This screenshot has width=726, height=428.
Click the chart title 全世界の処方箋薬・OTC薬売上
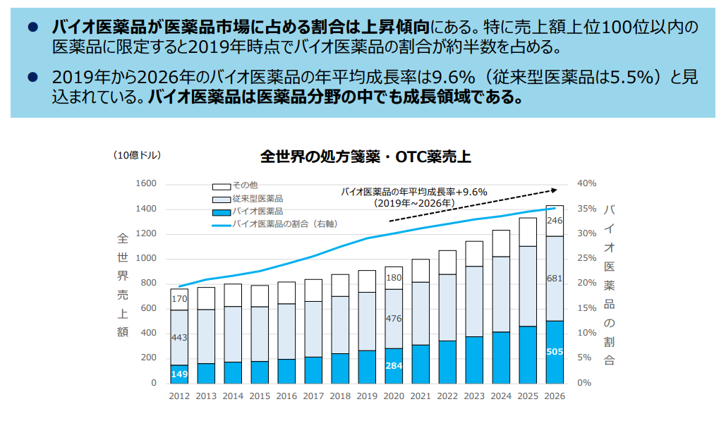pos(365,157)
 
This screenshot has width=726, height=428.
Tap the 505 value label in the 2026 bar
pos(555,351)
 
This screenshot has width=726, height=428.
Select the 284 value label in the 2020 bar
pos(394,366)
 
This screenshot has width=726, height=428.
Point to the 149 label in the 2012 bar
pos(179,374)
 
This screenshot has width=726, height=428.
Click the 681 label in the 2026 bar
pos(555,279)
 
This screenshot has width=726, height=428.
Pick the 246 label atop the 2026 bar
pos(555,221)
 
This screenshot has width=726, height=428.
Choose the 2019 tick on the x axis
pos(367,397)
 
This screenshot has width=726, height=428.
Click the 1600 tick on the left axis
pos(146,184)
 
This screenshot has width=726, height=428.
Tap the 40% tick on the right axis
pos(587,184)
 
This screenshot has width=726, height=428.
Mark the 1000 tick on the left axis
pos(146,259)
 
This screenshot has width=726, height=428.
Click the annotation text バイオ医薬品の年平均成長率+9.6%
pos(414,191)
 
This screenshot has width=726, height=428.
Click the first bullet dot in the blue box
pos(32,27)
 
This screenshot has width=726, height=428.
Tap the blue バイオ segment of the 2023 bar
pos(474,360)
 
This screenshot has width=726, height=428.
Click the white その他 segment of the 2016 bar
pos(286,293)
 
